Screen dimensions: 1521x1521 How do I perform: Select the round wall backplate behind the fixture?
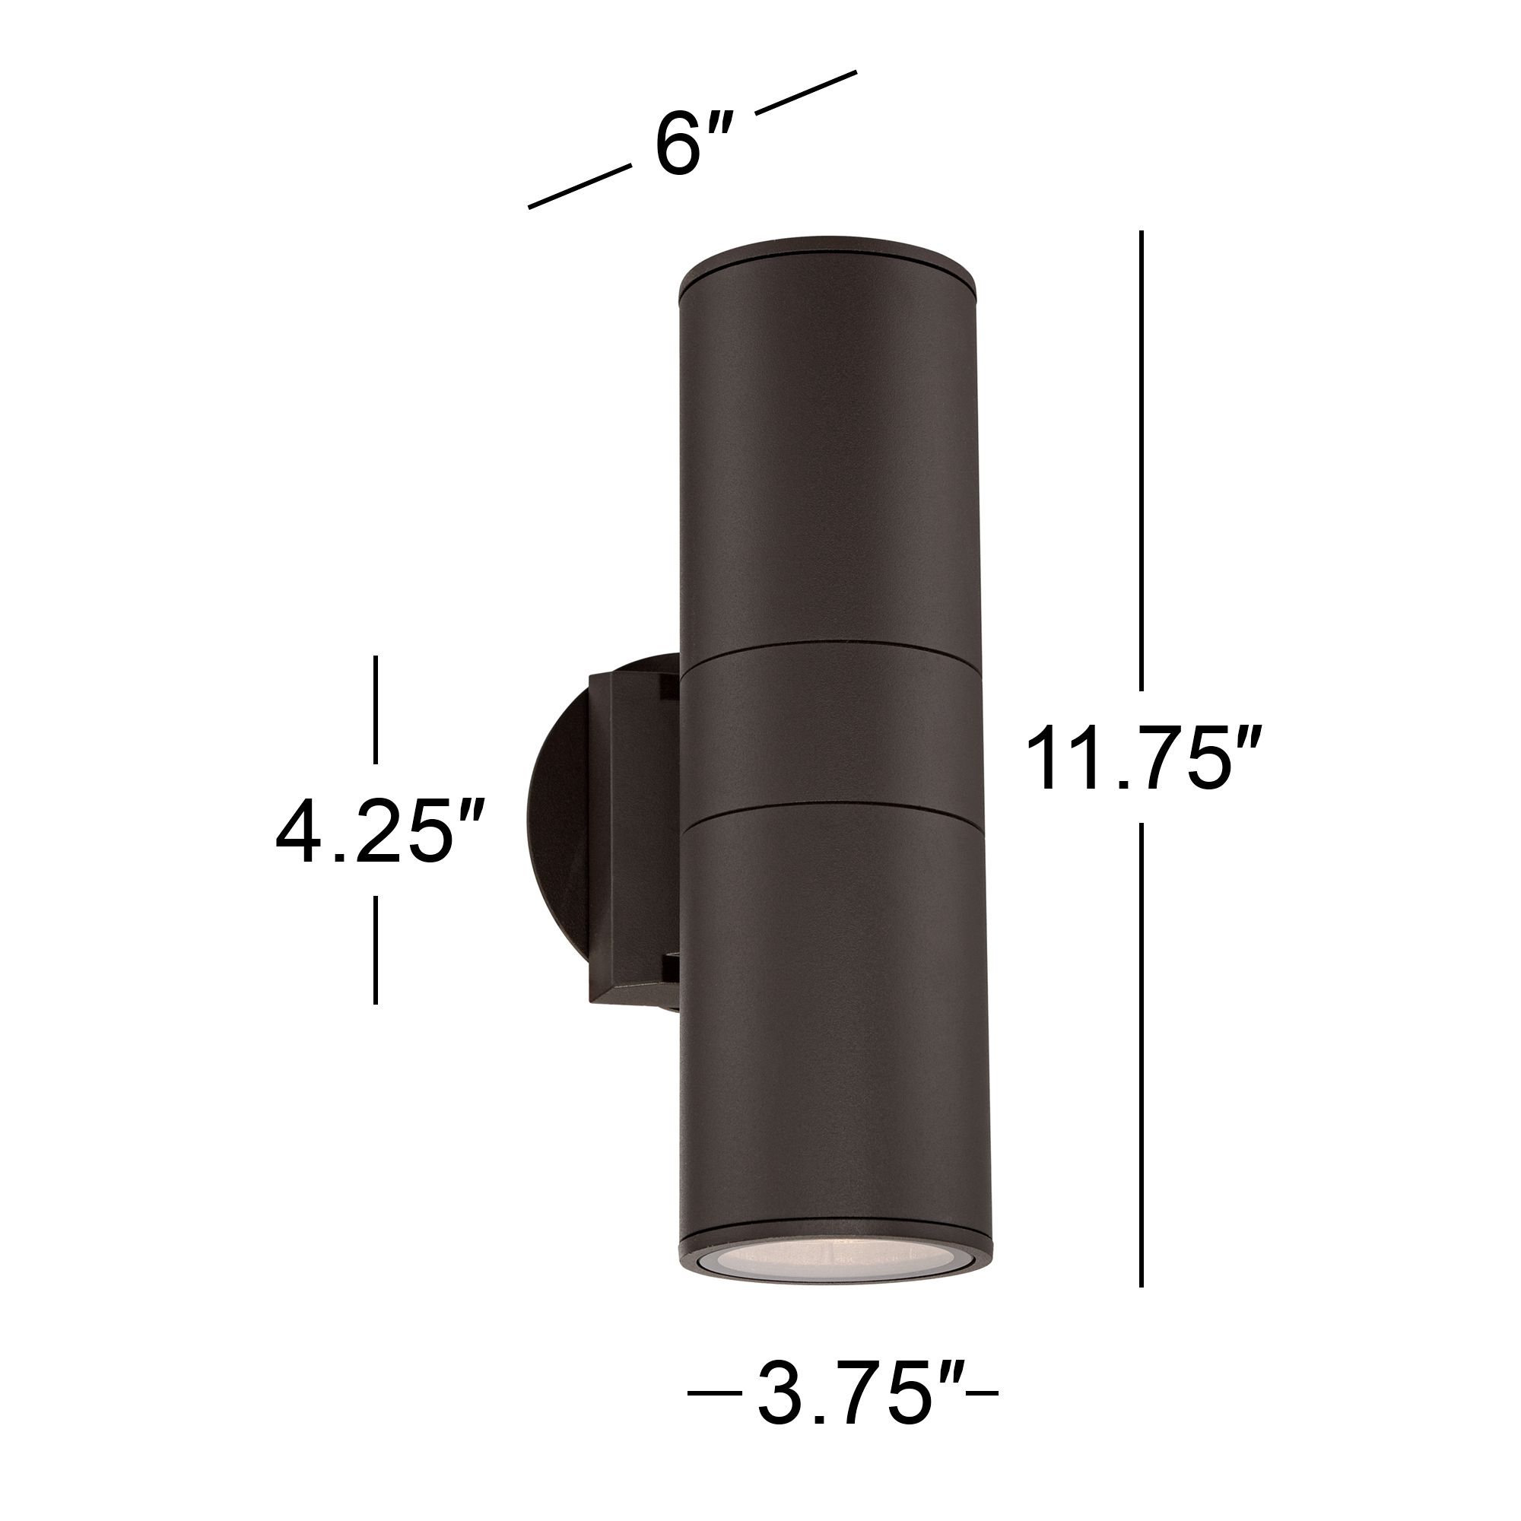point(551,827)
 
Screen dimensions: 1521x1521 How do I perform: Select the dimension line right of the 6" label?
point(805,92)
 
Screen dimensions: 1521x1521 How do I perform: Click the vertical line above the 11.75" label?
point(1141,461)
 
